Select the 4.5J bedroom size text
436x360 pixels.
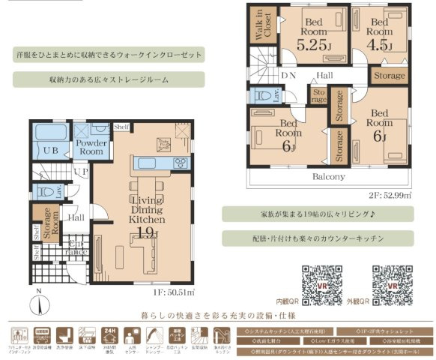(380, 45)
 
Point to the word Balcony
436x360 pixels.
(328, 177)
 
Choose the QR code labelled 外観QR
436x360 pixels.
(388, 283)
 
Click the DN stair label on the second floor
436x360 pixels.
(288, 76)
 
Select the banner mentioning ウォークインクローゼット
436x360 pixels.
(109, 56)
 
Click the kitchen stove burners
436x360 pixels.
(181, 163)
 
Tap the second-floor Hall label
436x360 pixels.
(324, 76)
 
